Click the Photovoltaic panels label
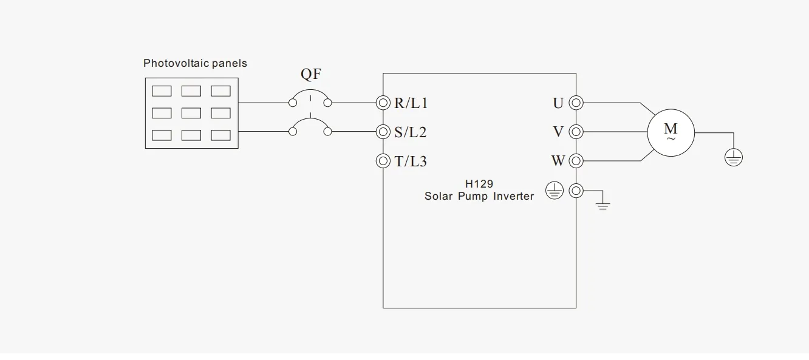click(x=195, y=63)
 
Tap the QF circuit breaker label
click(x=311, y=75)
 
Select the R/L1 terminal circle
click(x=383, y=103)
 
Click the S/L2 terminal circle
click(x=383, y=132)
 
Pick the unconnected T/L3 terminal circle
click(x=383, y=161)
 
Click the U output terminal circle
click(x=576, y=103)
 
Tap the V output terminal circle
click(x=576, y=132)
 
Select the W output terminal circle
click(x=576, y=161)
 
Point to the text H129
click(x=479, y=183)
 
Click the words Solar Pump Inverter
click(x=479, y=196)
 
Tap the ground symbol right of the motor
click(x=734, y=158)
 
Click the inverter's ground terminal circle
click(x=576, y=191)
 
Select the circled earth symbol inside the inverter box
click(x=554, y=192)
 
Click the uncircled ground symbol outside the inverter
click(x=602, y=205)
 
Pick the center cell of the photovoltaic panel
click(x=191, y=113)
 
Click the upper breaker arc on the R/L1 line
click(x=310, y=94)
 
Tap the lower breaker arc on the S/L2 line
click(x=310, y=123)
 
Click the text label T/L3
click(x=411, y=161)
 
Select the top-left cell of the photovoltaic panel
click(x=162, y=91)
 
